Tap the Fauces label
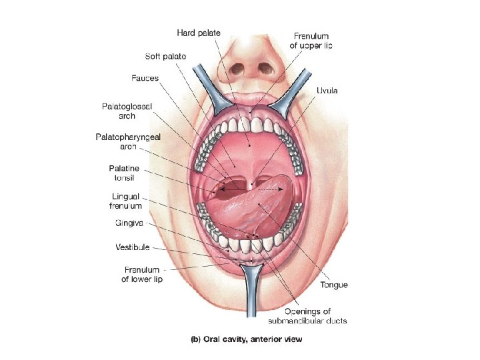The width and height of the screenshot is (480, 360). coord(144,78)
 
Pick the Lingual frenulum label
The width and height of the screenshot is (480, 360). coord(126,201)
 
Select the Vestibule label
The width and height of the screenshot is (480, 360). coord(132,247)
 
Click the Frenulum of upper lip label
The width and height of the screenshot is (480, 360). coord(311,41)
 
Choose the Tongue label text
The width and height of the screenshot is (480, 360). coord(333,285)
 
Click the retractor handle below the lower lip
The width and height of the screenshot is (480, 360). coord(251,293)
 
